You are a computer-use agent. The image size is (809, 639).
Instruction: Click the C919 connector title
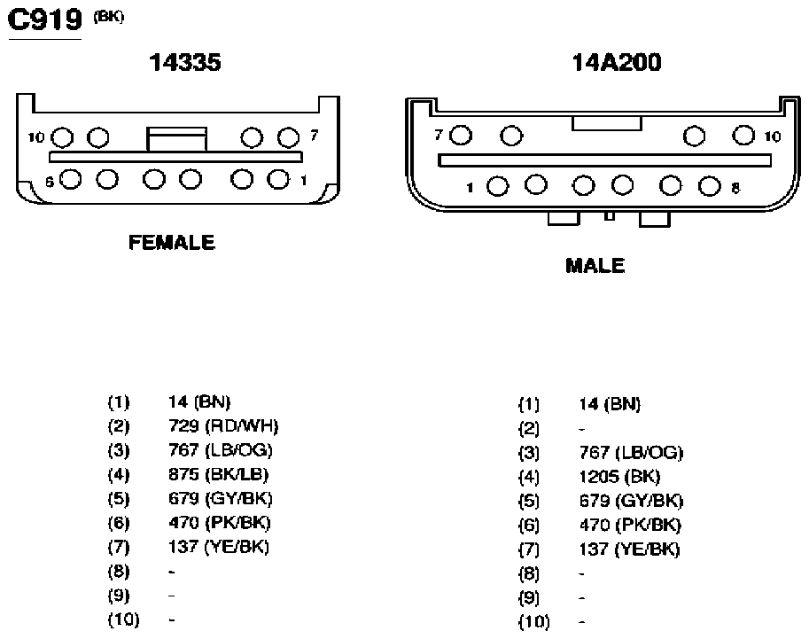pyautogui.click(x=45, y=20)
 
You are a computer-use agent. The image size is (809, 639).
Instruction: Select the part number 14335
pyautogui.click(x=184, y=62)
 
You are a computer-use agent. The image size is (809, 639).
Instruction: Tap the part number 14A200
pyautogui.click(x=617, y=62)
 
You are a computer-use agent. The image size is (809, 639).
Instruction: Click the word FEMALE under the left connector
pyautogui.click(x=171, y=243)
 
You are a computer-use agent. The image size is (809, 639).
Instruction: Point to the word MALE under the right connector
pyautogui.click(x=595, y=266)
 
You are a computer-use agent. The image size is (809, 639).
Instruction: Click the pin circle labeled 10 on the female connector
pyautogui.click(x=63, y=137)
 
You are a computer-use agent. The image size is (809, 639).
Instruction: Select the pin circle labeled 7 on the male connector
pyautogui.click(x=461, y=136)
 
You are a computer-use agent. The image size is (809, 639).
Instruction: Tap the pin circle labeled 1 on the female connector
pyautogui.click(x=278, y=179)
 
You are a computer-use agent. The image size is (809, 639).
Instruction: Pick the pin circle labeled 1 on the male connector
pyautogui.click(x=497, y=186)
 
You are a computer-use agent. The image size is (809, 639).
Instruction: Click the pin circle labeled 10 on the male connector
pyautogui.click(x=743, y=136)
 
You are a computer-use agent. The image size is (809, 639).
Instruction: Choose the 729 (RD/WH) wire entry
pyautogui.click(x=223, y=426)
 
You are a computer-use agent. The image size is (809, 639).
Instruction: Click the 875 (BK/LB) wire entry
pyautogui.click(x=218, y=475)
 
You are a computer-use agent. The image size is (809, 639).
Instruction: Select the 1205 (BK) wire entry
pyautogui.click(x=619, y=477)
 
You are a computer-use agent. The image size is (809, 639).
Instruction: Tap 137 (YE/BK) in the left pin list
pyautogui.click(x=219, y=547)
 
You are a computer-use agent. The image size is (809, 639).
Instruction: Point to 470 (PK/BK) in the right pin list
pyautogui.click(x=630, y=526)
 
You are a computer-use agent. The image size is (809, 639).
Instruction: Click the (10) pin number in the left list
pyautogui.click(x=123, y=620)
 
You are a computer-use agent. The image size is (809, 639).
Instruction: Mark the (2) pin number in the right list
pyautogui.click(x=529, y=428)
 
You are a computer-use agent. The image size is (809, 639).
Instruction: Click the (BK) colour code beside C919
pyautogui.click(x=108, y=17)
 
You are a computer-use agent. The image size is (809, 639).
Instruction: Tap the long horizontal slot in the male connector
pyautogui.click(x=604, y=160)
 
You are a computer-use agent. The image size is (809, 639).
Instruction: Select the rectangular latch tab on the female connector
pyautogui.click(x=176, y=139)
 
